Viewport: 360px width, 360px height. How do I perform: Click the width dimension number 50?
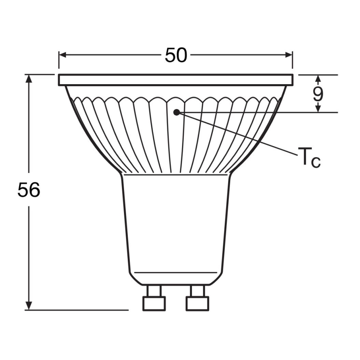click(x=176, y=56)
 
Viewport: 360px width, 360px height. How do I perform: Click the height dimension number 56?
click(x=29, y=190)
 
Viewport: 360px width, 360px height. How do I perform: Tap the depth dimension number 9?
click(x=318, y=95)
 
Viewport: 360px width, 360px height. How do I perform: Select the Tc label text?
click(x=309, y=158)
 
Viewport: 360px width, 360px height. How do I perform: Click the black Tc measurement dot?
click(x=176, y=112)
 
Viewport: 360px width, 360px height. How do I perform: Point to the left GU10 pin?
click(x=154, y=298)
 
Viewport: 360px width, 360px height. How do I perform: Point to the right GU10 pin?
click(x=197, y=298)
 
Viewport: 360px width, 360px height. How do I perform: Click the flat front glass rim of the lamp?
click(x=176, y=80)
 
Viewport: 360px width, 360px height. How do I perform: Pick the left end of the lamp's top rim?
click(x=60, y=80)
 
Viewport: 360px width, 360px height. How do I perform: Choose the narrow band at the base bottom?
click(x=176, y=278)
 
